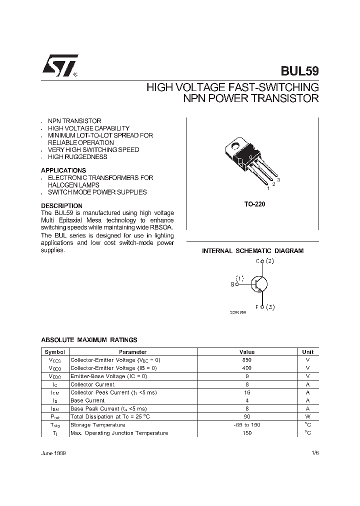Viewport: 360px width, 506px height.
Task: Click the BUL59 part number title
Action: point(298,71)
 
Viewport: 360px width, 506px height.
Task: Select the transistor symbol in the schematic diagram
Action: point(258,284)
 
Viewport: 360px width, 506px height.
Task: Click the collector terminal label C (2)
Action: point(264,261)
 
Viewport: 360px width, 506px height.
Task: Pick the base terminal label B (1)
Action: point(237,281)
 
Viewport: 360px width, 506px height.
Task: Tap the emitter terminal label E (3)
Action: point(264,307)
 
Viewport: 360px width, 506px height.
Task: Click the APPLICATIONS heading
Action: point(63,170)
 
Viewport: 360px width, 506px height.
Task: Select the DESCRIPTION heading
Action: point(61,205)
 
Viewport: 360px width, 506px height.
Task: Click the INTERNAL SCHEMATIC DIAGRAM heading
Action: point(252,251)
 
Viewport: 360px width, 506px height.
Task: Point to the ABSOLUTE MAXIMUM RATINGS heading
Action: point(89,340)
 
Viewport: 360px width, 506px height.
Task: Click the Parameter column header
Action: point(132,352)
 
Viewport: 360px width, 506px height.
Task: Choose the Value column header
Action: point(247,352)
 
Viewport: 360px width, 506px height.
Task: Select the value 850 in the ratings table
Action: point(247,360)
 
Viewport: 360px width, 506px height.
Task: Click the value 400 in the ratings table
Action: point(247,368)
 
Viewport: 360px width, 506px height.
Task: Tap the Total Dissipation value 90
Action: point(247,416)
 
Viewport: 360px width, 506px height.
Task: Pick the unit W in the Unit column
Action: point(308,416)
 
